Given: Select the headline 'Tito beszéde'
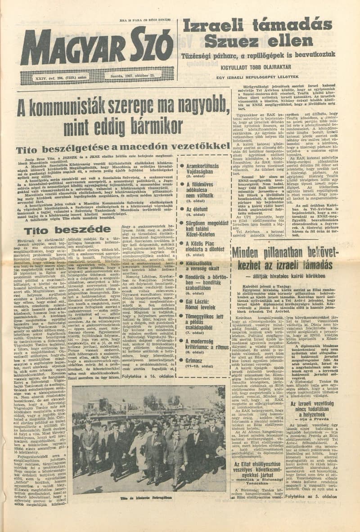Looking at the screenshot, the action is click(x=67, y=230).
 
